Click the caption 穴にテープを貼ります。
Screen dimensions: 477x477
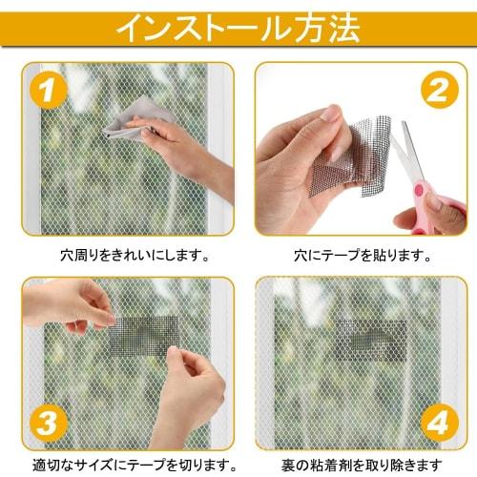[x=359, y=255]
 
